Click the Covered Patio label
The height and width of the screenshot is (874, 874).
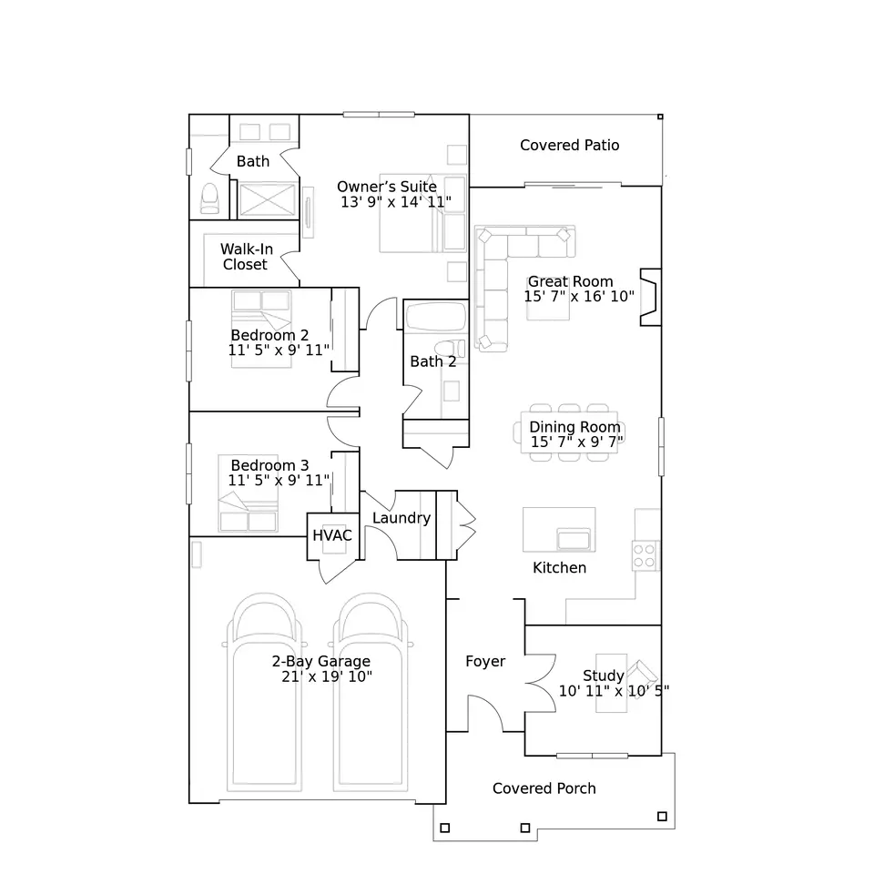569,146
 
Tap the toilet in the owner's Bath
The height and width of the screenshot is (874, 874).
209,198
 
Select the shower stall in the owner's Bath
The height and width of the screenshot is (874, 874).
267,199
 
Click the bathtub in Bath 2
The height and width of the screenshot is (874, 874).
436,317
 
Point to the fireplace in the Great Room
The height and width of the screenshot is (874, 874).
650,297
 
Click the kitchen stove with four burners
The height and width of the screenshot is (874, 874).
645,555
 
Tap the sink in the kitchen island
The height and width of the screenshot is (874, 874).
573,540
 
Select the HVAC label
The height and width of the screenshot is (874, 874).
332,535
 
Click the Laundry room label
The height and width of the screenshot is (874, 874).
401,518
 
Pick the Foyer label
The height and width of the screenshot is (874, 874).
485,662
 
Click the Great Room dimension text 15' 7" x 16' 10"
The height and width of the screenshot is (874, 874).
579,297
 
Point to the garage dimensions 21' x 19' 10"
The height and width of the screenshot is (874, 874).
327,676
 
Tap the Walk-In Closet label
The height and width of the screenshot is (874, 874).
247,257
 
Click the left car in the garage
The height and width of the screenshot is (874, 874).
264,692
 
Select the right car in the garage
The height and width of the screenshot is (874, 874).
371,692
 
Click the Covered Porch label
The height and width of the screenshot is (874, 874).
544,788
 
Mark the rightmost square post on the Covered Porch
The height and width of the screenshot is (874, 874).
662,817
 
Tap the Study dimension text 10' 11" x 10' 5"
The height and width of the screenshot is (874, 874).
614,691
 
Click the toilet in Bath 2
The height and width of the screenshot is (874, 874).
450,348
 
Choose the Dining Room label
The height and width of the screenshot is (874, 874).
574,427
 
